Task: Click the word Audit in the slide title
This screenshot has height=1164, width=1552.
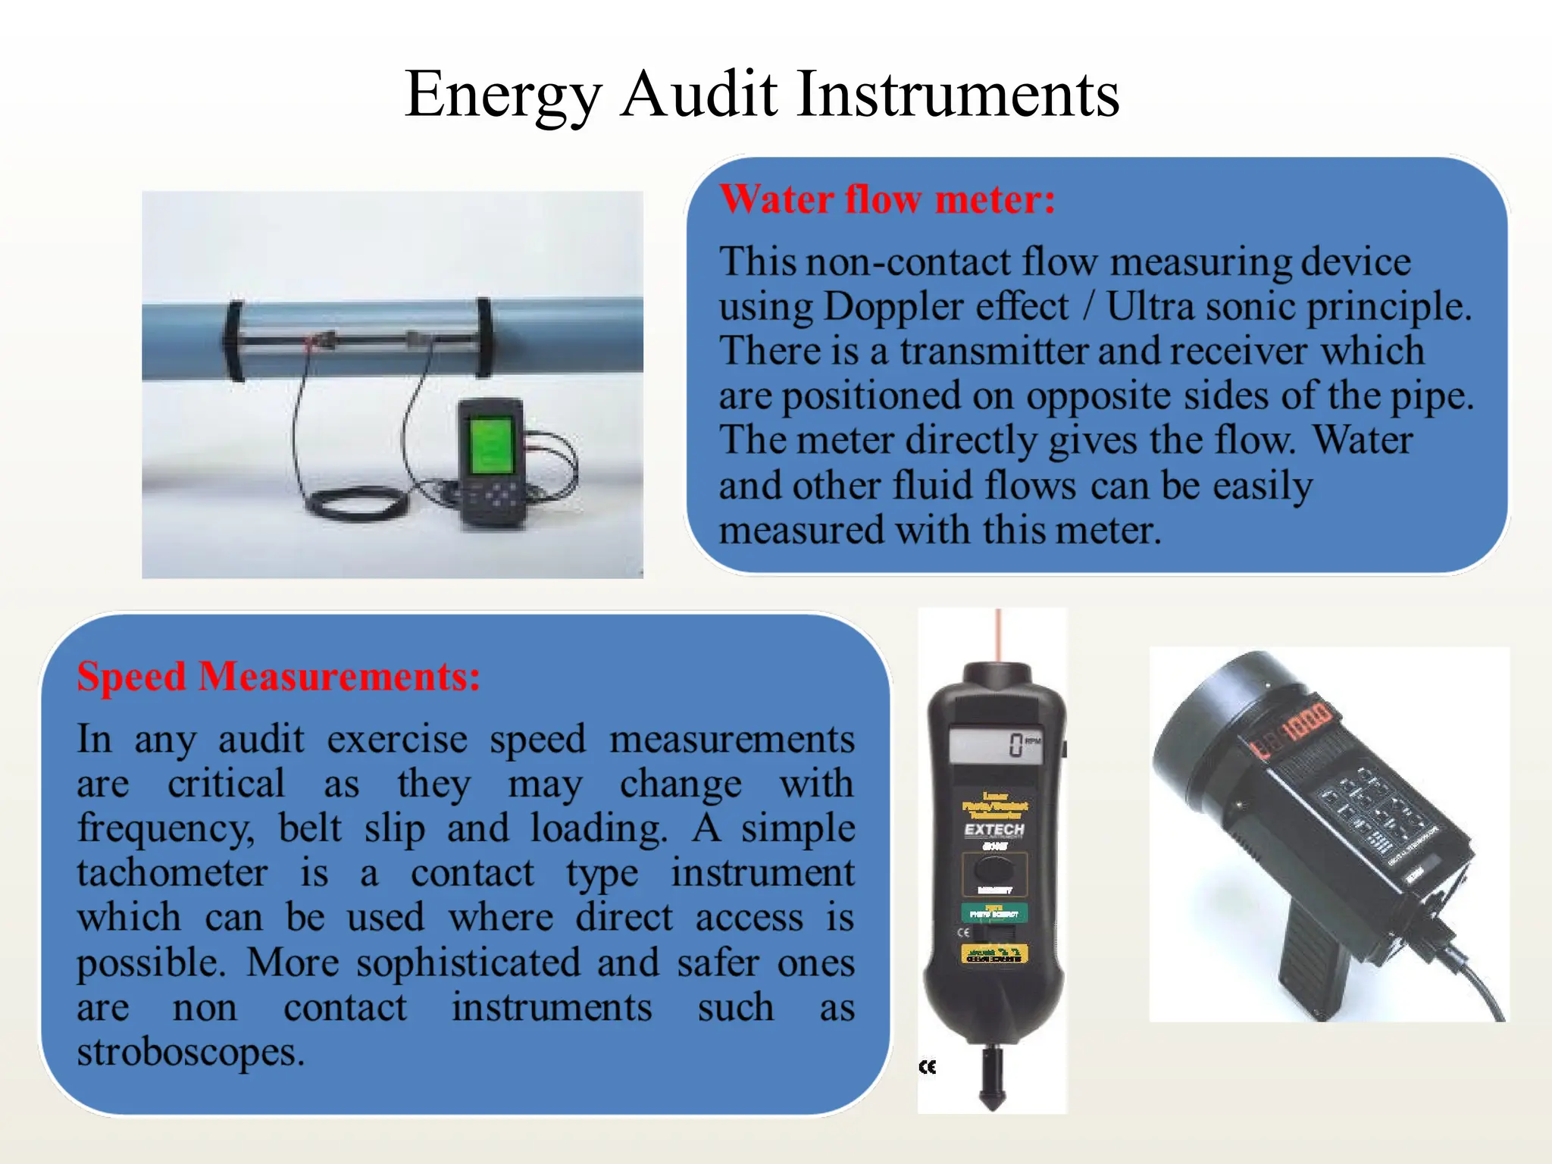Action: pos(699,94)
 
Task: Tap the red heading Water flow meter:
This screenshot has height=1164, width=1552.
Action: pos(887,199)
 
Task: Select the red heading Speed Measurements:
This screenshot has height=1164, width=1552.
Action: pos(278,676)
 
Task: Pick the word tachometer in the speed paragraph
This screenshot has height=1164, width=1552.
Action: pos(172,873)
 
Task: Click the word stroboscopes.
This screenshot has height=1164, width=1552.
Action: pos(190,1052)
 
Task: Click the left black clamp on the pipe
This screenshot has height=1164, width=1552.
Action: pos(233,341)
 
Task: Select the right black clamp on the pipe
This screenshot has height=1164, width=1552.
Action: pos(483,337)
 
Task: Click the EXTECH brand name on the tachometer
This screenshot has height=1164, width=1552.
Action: pos(994,830)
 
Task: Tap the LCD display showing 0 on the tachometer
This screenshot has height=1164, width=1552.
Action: pos(995,745)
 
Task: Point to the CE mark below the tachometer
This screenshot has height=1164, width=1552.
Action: pos(928,1067)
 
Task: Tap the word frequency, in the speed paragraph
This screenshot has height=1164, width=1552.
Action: pos(166,828)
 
